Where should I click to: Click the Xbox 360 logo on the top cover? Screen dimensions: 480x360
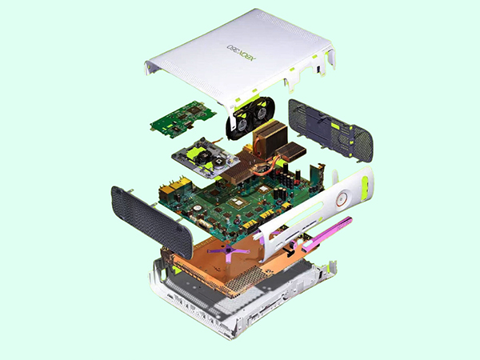[x=242, y=52]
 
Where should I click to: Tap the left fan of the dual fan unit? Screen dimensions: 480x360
[x=242, y=122]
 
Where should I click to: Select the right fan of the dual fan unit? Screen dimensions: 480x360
[x=261, y=113]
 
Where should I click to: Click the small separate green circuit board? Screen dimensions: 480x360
[x=183, y=118]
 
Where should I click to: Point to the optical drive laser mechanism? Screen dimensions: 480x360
[x=205, y=159]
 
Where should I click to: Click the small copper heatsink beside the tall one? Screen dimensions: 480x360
[x=291, y=151]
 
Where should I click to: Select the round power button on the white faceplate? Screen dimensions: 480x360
[x=342, y=199]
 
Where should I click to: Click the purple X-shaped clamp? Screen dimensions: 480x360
[x=229, y=251]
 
